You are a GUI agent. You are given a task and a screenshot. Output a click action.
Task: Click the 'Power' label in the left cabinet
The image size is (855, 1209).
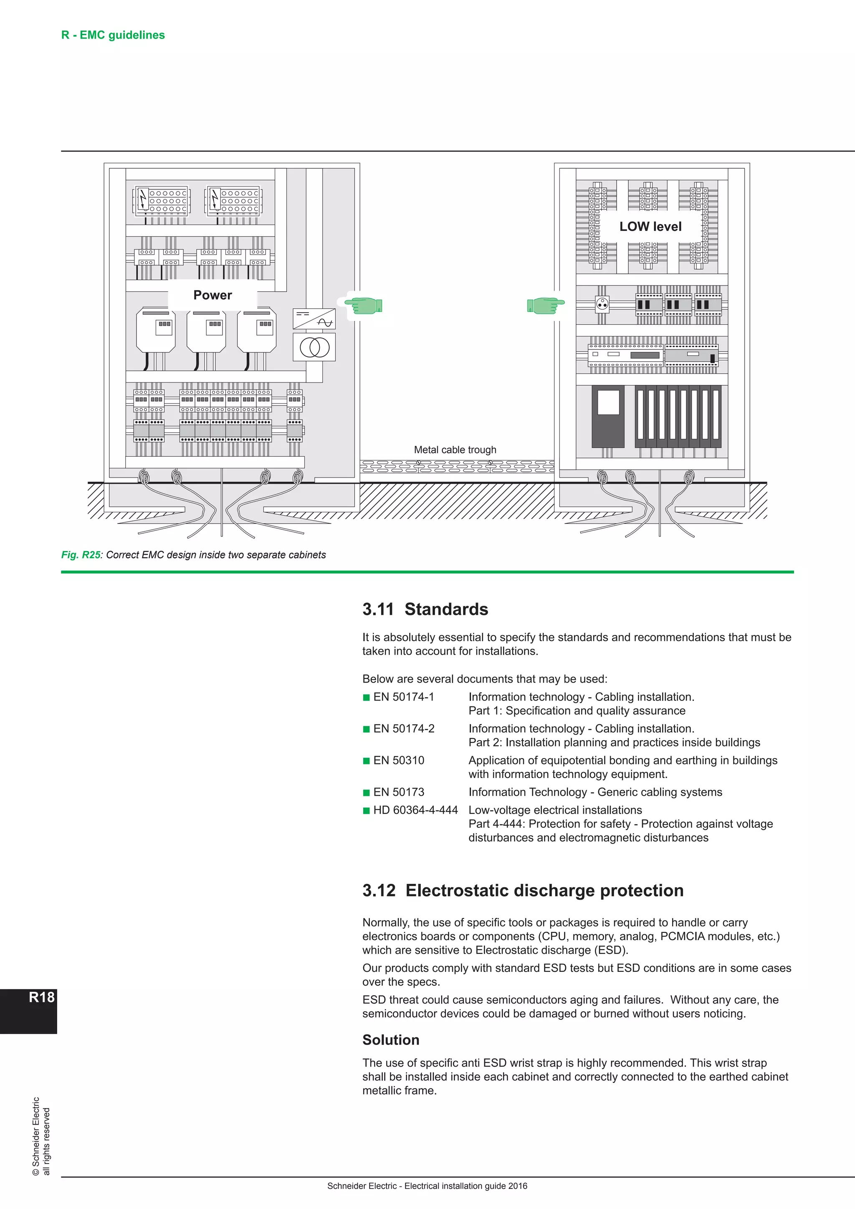(x=212, y=296)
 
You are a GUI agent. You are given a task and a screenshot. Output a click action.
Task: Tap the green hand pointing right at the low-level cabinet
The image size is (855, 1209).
(x=545, y=306)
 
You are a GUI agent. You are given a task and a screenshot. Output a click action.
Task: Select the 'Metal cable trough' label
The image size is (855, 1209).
(x=455, y=450)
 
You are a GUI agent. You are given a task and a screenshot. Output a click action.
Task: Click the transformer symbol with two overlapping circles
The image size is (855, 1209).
(x=314, y=347)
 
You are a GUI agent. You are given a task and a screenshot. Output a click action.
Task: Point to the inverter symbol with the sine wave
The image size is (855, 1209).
(x=314, y=319)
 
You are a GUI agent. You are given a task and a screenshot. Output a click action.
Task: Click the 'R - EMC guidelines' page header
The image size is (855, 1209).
(x=113, y=35)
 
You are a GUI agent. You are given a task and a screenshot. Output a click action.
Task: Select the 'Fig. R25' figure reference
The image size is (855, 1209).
(x=81, y=555)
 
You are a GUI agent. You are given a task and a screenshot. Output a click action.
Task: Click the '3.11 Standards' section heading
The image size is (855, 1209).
(x=425, y=609)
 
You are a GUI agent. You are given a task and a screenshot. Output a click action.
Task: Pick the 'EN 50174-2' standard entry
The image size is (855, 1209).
(x=404, y=729)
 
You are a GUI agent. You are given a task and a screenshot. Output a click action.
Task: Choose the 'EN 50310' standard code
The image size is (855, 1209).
(x=399, y=760)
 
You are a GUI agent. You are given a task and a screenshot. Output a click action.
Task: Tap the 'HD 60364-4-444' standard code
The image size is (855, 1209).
(x=415, y=810)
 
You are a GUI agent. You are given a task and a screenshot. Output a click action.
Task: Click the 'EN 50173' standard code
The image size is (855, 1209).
(x=399, y=792)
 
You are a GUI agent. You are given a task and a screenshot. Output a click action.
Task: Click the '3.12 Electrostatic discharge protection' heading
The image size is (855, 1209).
(x=523, y=890)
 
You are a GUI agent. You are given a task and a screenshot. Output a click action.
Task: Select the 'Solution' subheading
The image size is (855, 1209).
(x=391, y=1040)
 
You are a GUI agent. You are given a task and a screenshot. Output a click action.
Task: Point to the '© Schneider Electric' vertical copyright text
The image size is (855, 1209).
(x=36, y=1136)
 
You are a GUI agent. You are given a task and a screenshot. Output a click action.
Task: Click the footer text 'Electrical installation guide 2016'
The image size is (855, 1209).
(x=465, y=1186)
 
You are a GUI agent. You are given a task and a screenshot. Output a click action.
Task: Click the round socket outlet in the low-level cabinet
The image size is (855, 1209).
(x=602, y=304)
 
